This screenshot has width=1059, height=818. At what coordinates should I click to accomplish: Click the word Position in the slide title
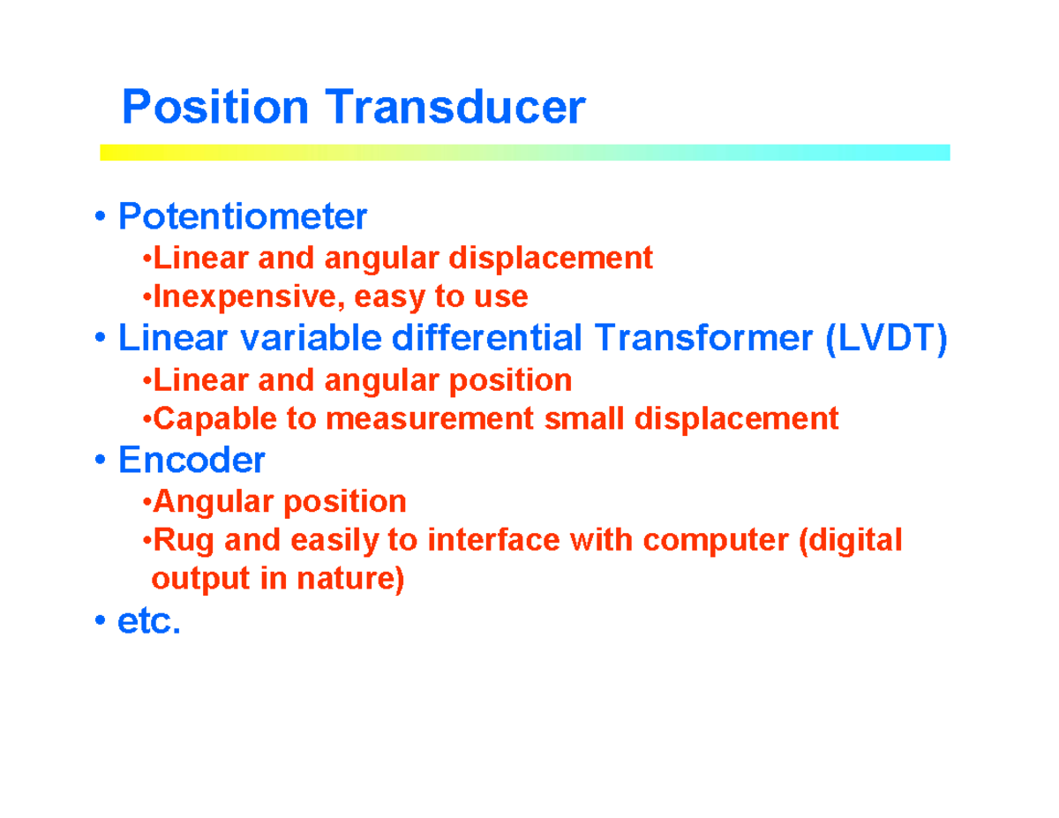pos(215,108)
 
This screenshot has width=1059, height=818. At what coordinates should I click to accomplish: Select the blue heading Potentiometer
pos(243,215)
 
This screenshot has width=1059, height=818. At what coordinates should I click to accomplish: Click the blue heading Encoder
pos(192,460)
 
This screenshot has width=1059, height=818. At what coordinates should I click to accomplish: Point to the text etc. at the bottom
pos(149,622)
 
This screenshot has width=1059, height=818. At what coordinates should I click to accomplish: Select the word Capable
pos(208,418)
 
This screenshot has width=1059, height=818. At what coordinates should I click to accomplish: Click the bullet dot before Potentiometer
pos(102,217)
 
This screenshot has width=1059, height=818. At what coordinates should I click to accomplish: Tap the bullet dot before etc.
pos(102,624)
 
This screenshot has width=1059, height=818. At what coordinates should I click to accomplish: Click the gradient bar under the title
pos(524,153)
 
